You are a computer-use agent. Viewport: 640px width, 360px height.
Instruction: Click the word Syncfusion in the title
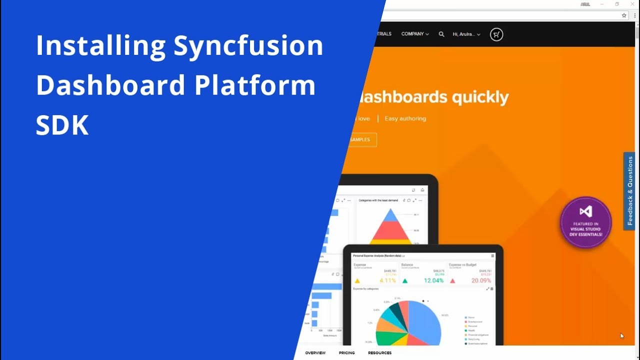[248, 46]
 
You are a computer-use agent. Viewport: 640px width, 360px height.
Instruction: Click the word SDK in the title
[62, 125]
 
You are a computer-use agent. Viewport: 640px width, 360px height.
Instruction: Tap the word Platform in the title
[255, 85]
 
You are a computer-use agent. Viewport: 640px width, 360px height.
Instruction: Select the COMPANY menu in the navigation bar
[415, 34]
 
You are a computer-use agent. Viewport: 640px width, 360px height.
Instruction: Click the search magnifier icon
[441, 34]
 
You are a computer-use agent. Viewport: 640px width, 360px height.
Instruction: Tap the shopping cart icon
[496, 34]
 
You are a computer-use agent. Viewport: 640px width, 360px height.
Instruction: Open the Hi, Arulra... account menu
[466, 34]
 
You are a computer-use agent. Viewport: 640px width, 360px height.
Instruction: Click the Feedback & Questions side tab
[629, 190]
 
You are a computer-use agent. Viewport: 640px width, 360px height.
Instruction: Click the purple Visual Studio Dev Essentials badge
[585, 222]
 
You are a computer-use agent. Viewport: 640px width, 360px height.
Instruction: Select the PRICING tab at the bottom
[346, 353]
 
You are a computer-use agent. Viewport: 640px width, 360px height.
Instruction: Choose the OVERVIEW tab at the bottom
[315, 353]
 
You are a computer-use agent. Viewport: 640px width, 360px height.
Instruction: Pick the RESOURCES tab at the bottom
[379, 353]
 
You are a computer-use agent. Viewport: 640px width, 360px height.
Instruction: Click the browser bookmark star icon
[624, 15]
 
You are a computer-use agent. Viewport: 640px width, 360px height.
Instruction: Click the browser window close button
[632, 4]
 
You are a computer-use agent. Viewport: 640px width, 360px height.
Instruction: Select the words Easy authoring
[405, 118]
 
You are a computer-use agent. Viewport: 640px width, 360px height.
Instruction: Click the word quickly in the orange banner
[480, 97]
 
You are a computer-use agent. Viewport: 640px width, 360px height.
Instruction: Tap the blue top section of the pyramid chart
[390, 215]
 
